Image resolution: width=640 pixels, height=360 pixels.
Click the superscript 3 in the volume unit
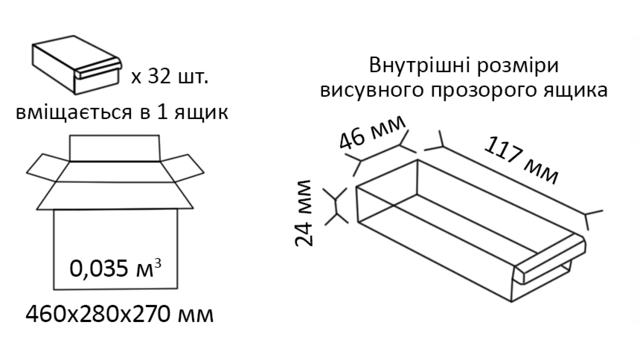click(158, 263)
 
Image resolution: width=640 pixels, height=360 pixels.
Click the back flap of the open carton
click(114, 148)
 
